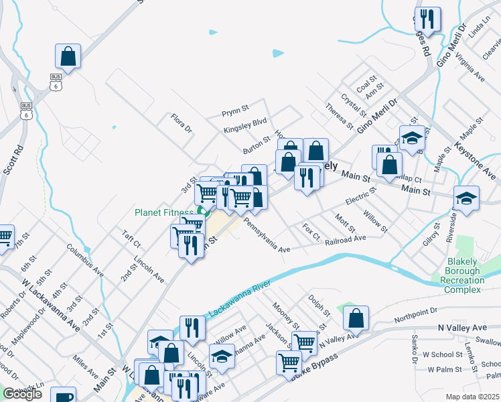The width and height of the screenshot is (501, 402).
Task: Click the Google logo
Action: coord(22,394)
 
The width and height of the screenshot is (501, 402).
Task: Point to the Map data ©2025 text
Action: coord(473,397)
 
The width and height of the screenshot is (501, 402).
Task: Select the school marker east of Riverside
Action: coord(466,198)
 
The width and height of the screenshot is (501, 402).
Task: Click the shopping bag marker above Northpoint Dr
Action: coord(356,319)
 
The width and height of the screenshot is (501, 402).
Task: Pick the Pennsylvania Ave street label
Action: coord(267,234)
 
